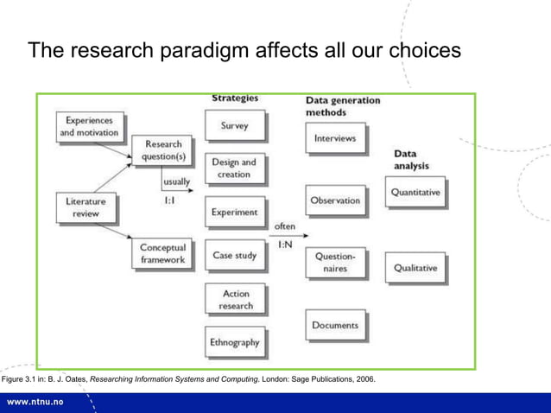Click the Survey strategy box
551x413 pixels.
click(x=234, y=125)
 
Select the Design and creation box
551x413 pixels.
click(x=234, y=168)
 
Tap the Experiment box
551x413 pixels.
click(x=234, y=212)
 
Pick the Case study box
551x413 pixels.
click(x=234, y=256)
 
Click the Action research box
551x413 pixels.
click(x=234, y=300)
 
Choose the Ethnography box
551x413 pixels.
click(x=234, y=342)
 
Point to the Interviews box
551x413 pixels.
click(x=334, y=138)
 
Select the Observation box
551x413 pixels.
click(x=334, y=200)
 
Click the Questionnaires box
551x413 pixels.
click(x=334, y=262)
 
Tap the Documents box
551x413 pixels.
click(x=334, y=325)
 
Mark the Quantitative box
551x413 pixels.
click(x=415, y=193)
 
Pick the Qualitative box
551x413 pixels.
click(x=415, y=268)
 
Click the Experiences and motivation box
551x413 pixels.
click(x=89, y=127)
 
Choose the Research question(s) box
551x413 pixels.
click(x=163, y=150)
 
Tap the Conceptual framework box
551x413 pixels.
click(x=162, y=253)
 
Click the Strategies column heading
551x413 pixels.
click(x=235, y=98)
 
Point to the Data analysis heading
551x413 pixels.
click(x=412, y=159)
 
